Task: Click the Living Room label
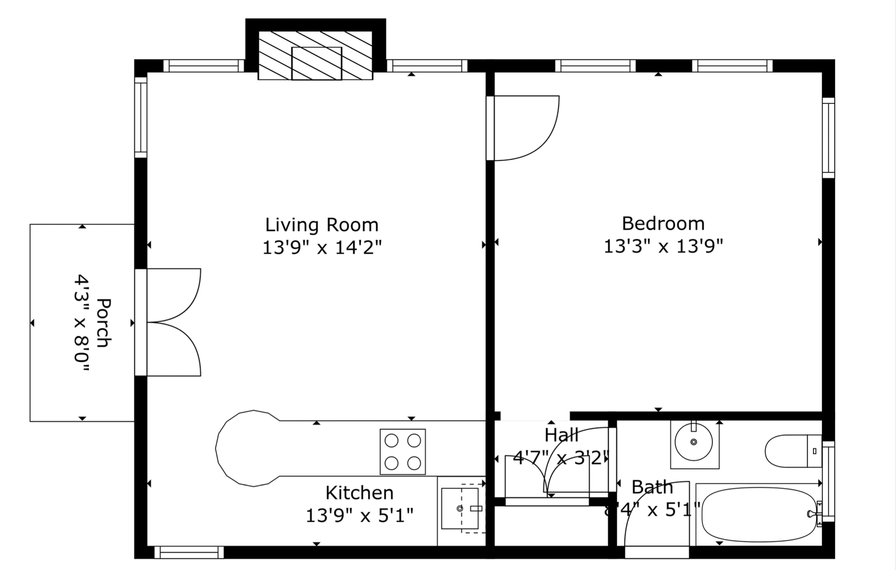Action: [x=322, y=225]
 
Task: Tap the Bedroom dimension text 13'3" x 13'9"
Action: [x=663, y=246]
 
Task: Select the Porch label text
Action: [x=103, y=323]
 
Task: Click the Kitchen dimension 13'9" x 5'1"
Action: [x=359, y=515]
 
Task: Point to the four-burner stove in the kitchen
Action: [x=402, y=452]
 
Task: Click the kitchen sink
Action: [x=459, y=508]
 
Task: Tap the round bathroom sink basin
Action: [x=694, y=442]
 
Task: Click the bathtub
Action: [x=759, y=515]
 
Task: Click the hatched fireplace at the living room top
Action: [x=315, y=55]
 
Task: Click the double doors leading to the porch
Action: [x=172, y=322]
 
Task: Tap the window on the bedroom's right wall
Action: [x=828, y=138]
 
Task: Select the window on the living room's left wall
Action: [x=141, y=117]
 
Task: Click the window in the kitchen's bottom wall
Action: [x=189, y=552]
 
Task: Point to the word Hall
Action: [x=561, y=435]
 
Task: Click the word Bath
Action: [x=652, y=487]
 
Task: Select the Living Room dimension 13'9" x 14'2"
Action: [x=322, y=248]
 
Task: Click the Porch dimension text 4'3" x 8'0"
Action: [x=81, y=323]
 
